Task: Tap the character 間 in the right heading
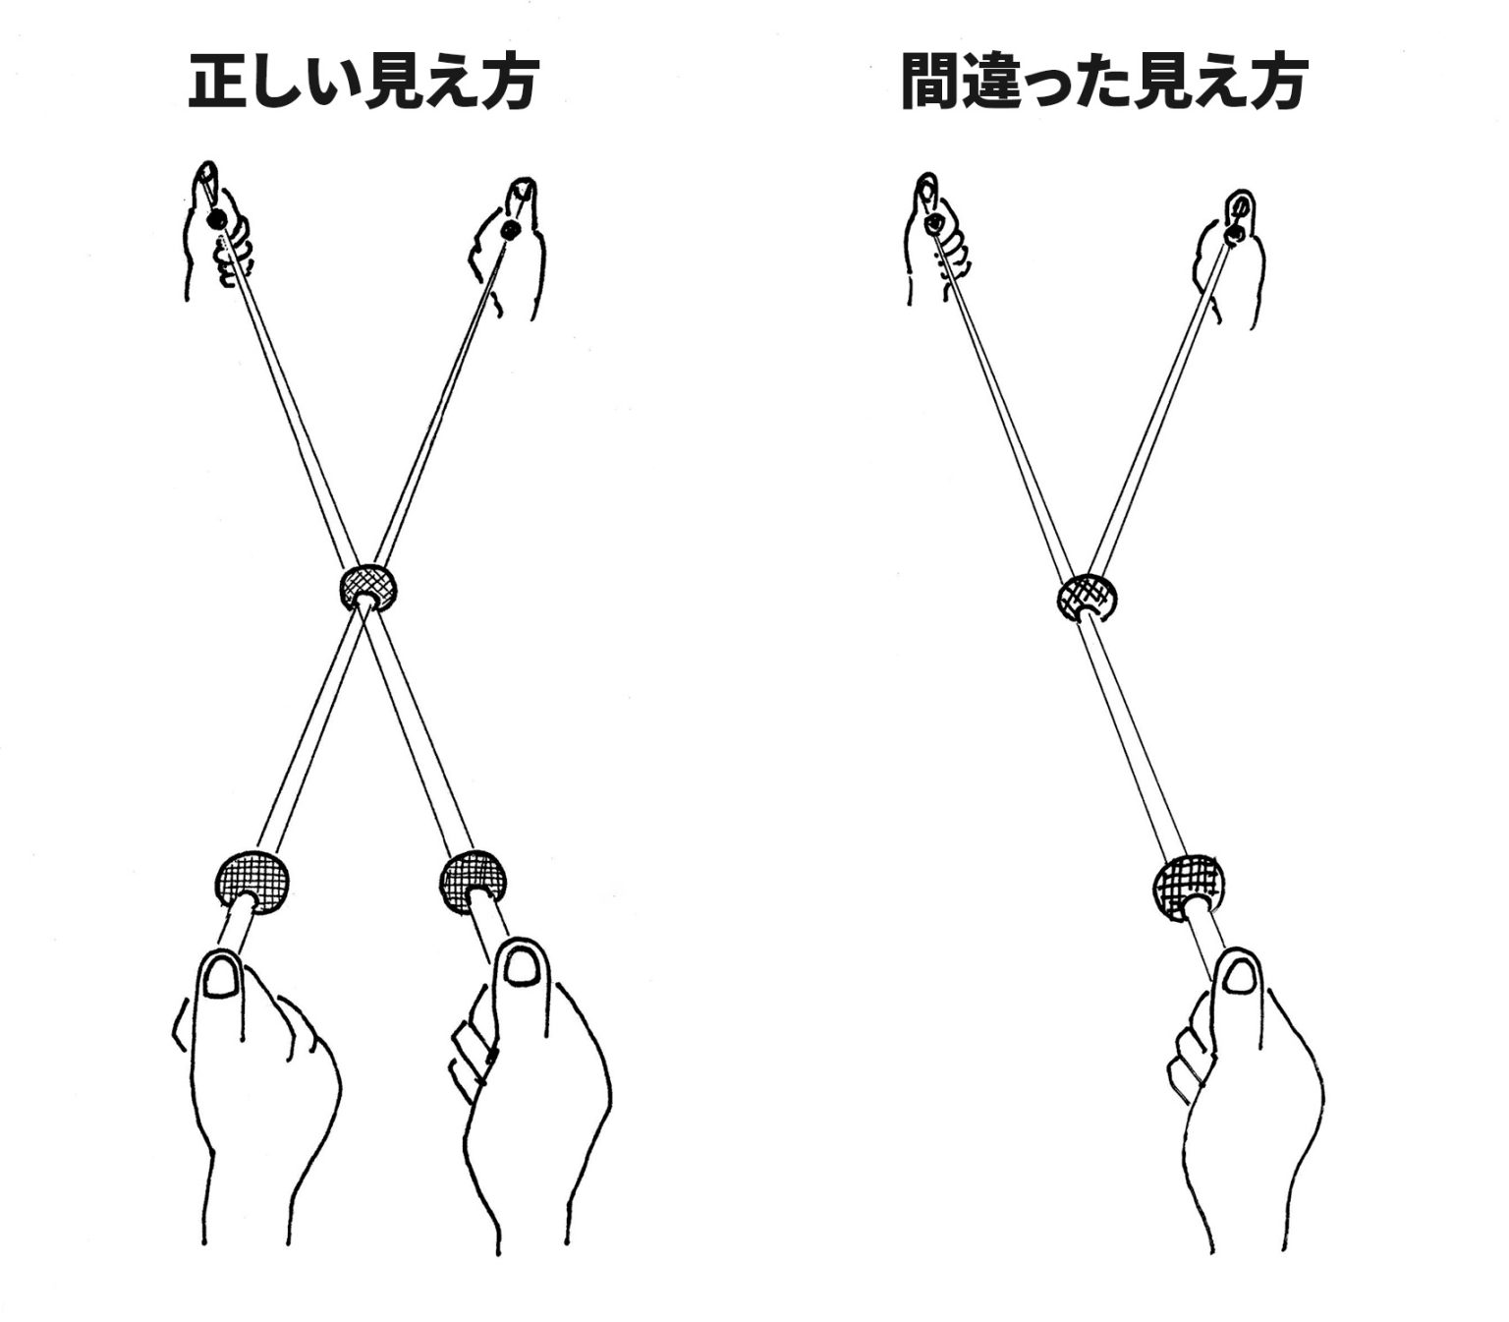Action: (930, 82)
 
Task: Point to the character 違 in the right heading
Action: (989, 82)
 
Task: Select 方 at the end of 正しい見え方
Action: (508, 82)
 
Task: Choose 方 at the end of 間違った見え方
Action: (1279, 82)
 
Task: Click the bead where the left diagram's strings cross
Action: (368, 587)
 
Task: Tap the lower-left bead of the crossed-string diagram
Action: (252, 883)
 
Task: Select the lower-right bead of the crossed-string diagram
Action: (474, 882)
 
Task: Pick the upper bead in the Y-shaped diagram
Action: (1085, 597)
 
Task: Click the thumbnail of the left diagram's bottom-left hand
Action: (222, 980)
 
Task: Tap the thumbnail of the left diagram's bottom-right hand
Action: (520, 964)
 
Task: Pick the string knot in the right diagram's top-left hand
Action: (934, 222)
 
